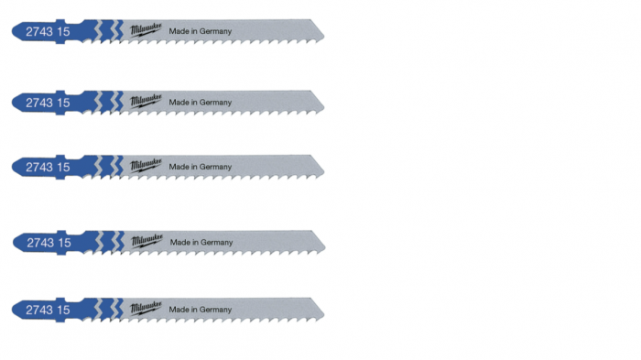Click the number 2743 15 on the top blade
pos(48,31)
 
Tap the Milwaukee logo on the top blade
pos(146,30)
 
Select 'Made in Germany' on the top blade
pos(201,31)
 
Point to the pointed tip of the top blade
pos(324,36)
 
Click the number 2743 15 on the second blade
pos(48,103)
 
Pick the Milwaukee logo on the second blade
pos(146,101)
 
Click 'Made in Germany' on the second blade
pos(201,103)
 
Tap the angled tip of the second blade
pos(324,107)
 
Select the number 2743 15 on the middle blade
pos(48,167)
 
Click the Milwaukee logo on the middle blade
pos(146,165)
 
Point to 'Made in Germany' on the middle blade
pos(201,167)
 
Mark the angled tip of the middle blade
pos(324,171)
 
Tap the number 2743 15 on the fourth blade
pos(49,243)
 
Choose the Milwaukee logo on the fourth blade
pos(147,241)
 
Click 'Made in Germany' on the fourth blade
pos(201,242)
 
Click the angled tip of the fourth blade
pos(325,247)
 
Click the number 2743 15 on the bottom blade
pos(48,311)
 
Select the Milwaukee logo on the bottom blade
pos(146,309)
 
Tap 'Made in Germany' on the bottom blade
pos(201,310)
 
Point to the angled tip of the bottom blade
pos(324,314)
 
